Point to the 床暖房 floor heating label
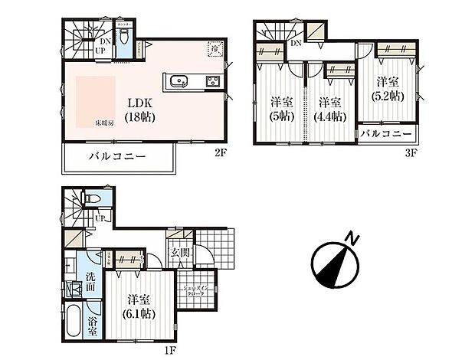(x=104, y=123)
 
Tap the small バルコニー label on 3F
(x=386, y=134)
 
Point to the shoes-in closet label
(x=196, y=290)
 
